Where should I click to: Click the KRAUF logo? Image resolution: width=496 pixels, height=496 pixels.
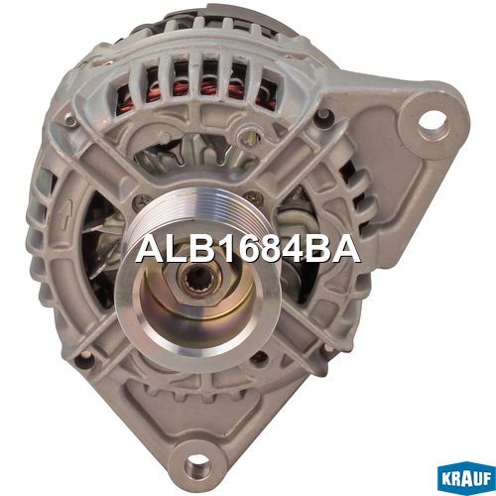tap(466, 478)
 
